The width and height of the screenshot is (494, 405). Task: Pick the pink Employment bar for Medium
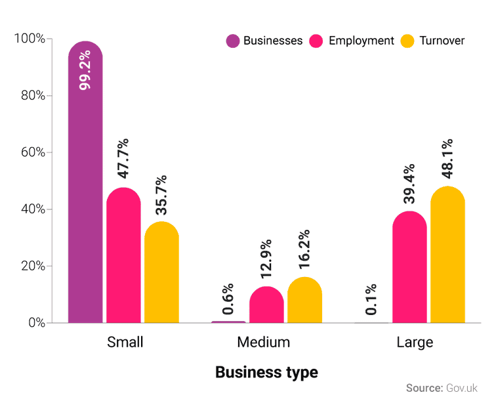[266, 305]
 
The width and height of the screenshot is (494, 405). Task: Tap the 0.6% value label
[228, 299]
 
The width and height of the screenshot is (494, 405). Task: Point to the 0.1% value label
[371, 300]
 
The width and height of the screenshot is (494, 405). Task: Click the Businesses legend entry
[264, 41]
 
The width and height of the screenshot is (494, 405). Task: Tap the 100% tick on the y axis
[29, 39]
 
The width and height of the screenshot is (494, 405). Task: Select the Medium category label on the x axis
[264, 343]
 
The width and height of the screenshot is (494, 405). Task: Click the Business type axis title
[266, 372]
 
